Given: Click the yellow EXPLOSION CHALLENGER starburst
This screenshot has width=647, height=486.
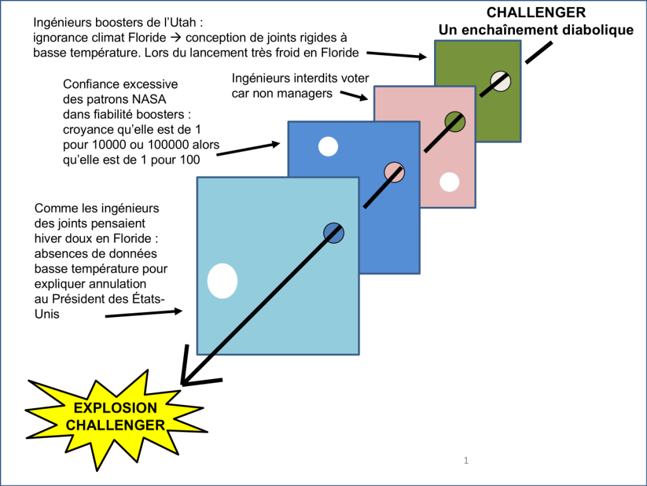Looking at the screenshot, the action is click(116, 418).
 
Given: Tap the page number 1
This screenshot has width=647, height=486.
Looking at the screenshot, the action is click(466, 461).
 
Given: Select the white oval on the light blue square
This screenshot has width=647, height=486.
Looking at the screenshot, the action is click(222, 280).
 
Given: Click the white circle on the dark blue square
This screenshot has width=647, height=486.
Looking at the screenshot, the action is click(328, 146).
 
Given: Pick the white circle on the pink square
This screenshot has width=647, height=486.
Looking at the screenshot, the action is click(449, 182).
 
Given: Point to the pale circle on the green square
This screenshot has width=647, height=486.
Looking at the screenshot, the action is click(500, 81).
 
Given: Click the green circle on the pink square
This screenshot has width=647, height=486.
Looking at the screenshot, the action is click(455, 121).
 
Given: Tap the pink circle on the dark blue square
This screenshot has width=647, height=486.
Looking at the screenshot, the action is click(394, 172).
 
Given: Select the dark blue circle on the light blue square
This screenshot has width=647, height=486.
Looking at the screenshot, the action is click(334, 233).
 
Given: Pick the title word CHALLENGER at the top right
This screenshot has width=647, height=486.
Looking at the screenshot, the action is click(536, 13).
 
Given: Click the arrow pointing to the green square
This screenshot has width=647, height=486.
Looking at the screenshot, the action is click(397, 56).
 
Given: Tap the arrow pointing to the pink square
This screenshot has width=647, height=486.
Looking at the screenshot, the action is click(354, 96).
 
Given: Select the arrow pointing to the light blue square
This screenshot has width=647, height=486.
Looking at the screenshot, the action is click(143, 314).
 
